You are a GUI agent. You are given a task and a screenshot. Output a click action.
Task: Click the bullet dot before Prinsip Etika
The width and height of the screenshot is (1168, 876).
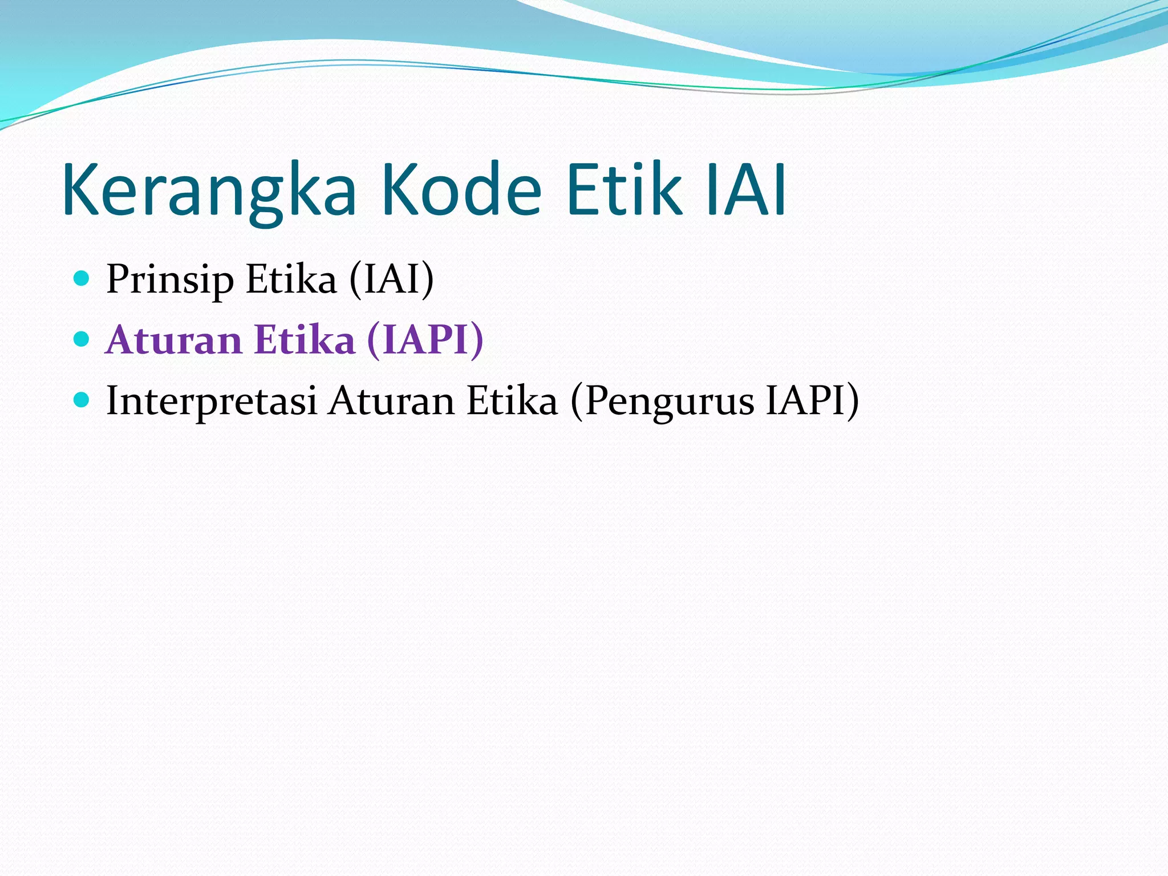point(82,278)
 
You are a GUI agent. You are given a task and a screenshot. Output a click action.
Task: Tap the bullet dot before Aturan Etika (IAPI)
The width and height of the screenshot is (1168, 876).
point(82,339)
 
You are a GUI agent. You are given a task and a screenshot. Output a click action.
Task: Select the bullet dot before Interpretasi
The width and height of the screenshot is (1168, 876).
point(82,400)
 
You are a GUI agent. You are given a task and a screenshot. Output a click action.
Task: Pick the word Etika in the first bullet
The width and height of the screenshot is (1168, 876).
point(291,279)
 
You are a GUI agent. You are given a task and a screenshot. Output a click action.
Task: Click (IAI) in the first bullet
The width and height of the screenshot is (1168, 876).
point(392,279)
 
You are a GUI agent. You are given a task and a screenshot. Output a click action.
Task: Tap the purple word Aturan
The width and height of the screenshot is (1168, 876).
point(174,340)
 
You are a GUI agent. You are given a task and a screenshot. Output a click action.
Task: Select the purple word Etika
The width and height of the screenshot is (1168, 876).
point(305,340)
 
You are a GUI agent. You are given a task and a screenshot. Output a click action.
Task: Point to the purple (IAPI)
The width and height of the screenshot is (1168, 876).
point(425,340)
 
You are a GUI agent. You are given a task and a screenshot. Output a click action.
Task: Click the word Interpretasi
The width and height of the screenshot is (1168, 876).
point(212,401)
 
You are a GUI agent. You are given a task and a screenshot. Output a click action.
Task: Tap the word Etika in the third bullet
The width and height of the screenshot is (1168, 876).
point(512,401)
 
